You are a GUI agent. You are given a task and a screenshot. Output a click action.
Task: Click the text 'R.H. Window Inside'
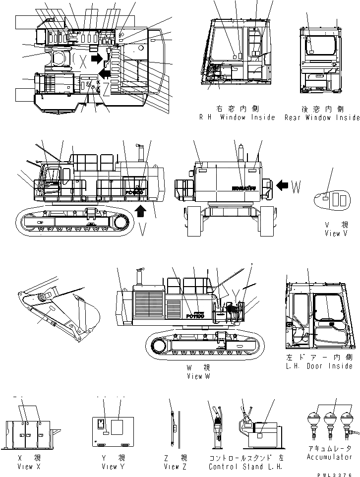pos(237,118)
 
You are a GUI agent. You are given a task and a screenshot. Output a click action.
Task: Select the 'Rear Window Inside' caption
pos(322,118)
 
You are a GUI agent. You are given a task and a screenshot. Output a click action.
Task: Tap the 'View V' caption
pos(336,233)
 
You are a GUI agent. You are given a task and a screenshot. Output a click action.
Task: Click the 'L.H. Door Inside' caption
pos(319,365)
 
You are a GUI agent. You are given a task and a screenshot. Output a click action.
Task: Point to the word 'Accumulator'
pos(329,457)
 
